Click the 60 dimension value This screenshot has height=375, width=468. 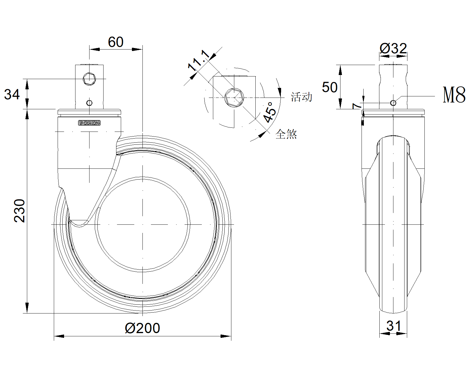click(116, 42)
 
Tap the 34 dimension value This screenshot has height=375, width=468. click(12, 94)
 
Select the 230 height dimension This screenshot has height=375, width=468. click(20, 211)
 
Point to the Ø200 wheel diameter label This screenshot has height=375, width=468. click(142, 328)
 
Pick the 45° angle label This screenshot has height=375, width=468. click(270, 112)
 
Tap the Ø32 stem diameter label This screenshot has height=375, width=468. click(393, 48)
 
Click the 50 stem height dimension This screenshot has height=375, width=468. click(330, 87)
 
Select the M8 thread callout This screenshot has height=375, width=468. click(454, 95)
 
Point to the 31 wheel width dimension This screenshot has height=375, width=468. click(393, 326)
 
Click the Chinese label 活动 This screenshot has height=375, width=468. click(301, 97)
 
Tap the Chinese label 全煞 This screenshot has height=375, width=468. click(286, 134)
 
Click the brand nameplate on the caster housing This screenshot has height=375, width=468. click(89, 123)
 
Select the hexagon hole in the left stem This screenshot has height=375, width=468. click(89, 79)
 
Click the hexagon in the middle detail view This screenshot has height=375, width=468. click(234, 97)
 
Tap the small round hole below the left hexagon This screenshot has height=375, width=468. click(90, 103)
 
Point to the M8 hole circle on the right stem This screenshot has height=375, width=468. click(393, 103)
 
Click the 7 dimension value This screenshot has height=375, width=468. click(357, 106)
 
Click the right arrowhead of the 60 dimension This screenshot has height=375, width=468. click(137, 49)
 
